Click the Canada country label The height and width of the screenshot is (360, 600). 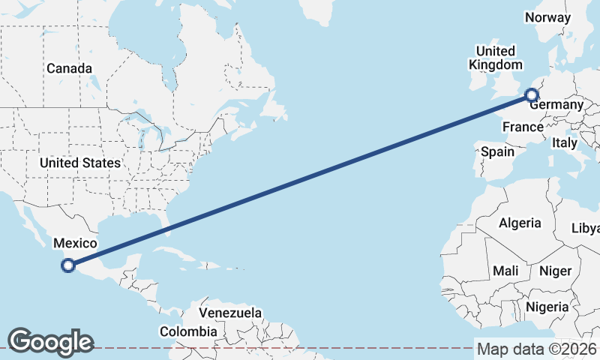(69, 68)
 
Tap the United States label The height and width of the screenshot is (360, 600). (79, 163)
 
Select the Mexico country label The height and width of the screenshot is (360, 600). (74, 243)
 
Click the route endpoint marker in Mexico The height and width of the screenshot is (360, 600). (68, 265)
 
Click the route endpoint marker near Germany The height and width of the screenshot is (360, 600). (532, 95)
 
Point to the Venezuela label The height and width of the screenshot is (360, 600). (230, 312)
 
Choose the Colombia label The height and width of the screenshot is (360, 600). (188, 331)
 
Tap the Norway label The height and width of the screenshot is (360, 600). (547, 17)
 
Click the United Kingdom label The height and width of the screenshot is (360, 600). (496, 58)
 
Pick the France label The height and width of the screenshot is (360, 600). (523, 127)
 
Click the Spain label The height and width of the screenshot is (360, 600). (498, 151)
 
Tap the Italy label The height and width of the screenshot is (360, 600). (564, 142)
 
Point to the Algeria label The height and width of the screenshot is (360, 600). (520, 223)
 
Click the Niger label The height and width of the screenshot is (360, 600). (556, 271)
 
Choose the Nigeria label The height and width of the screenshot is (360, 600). (547, 306)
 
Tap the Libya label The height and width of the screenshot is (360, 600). (586, 228)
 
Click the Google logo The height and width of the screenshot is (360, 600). (50, 342)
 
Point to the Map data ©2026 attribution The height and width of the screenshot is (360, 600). (536, 349)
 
